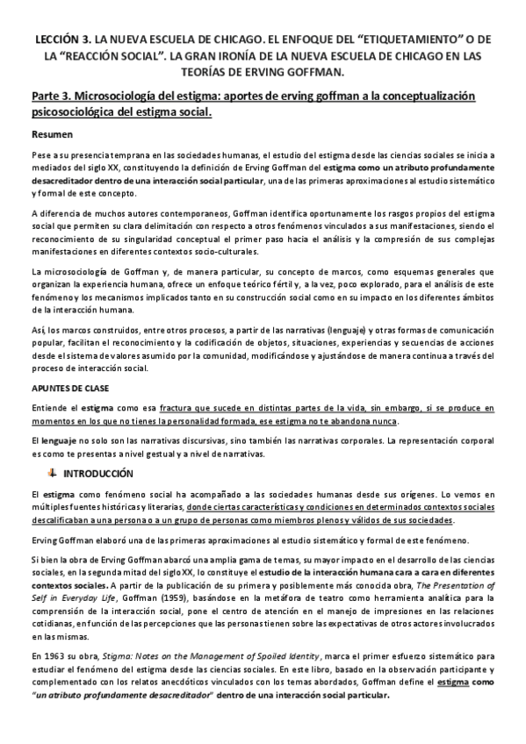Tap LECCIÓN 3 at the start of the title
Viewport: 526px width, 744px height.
[62, 39]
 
